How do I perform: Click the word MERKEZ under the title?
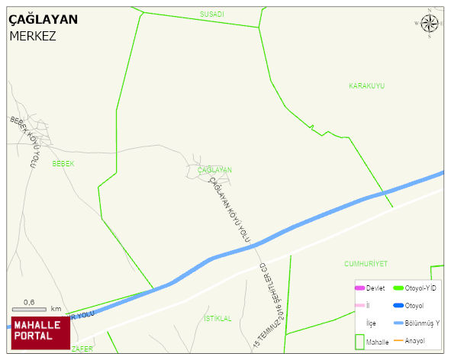point(33,36)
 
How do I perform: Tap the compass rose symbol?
point(430,24)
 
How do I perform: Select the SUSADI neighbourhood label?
point(212,14)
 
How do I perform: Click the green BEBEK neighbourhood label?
point(63,164)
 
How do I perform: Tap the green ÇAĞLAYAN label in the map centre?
point(214,170)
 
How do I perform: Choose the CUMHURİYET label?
point(366,263)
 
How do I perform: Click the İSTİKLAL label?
point(217,318)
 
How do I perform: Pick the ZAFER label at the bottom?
point(82,349)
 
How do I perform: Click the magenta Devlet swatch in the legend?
point(359,288)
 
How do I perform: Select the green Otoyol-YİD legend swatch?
point(397,288)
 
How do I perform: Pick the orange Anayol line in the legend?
point(397,339)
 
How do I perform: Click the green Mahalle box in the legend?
point(359,341)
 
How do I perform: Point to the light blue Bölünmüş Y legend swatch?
point(397,323)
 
